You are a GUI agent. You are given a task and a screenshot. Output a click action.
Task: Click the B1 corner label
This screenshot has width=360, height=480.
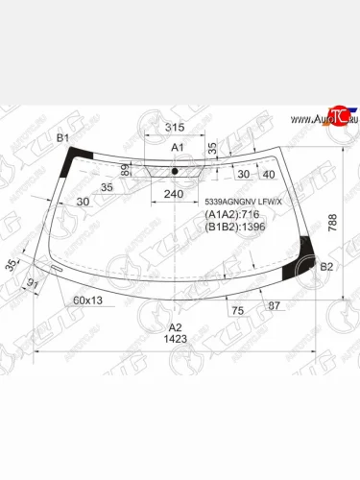tap(63, 139)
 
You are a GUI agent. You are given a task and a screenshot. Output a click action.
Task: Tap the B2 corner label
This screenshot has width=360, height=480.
tap(325, 266)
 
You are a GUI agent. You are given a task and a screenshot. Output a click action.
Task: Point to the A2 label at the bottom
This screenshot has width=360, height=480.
tap(176, 326)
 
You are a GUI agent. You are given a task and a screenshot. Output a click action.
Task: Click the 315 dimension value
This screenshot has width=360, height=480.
tap(174, 128)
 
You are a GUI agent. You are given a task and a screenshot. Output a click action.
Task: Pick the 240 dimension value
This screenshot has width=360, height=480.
tap(174, 194)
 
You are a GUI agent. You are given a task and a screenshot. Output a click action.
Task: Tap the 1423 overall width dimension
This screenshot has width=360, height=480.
tap(176, 339)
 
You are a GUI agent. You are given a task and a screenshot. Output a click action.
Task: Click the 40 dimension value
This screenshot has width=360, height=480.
tap(268, 174)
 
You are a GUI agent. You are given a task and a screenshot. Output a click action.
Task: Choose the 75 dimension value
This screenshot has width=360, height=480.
tap(235, 310)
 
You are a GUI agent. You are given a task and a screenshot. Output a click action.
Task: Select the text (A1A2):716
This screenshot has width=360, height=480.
tap(233, 215)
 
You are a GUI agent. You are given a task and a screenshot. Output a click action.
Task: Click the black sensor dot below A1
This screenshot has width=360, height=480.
tap(175, 172)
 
